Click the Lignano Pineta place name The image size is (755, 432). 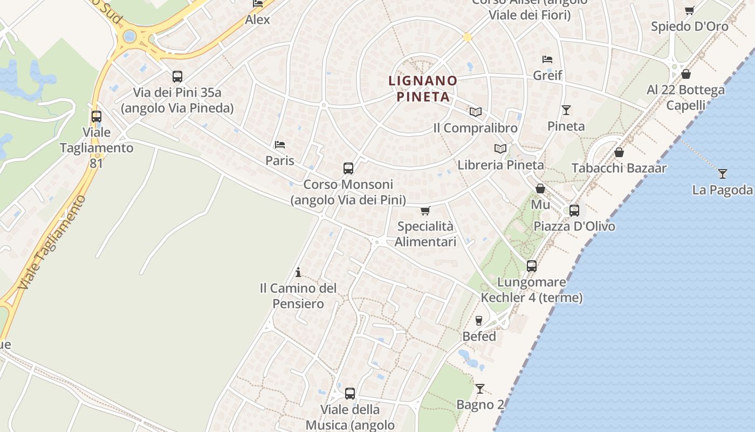tap(423, 89)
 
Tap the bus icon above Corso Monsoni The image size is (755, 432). tap(348, 168)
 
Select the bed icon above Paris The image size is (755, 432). tap(279, 144)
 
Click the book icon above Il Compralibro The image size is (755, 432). tap(475, 112)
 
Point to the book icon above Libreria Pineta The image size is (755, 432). tap(500, 148)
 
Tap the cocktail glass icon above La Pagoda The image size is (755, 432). tap(723, 173)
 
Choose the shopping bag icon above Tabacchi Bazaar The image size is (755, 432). tap(619, 152)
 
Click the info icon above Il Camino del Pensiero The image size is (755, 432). tap(298, 272)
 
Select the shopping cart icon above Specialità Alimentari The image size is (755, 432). tap(425, 210)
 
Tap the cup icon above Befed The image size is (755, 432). tap(478, 320)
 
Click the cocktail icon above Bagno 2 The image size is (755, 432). tap(479, 388)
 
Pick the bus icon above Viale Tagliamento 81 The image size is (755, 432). tap(97, 116)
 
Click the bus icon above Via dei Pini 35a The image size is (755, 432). tap(177, 77)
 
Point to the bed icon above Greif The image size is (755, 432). tap(547, 59)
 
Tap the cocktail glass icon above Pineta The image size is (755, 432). tap(566, 110)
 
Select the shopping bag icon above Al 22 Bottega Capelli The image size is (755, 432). tap(686, 73)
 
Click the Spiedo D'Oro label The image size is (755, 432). tap(689, 26)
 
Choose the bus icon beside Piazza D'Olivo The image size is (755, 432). tap(574, 210)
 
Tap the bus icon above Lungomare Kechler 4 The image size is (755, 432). tap(532, 266)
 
